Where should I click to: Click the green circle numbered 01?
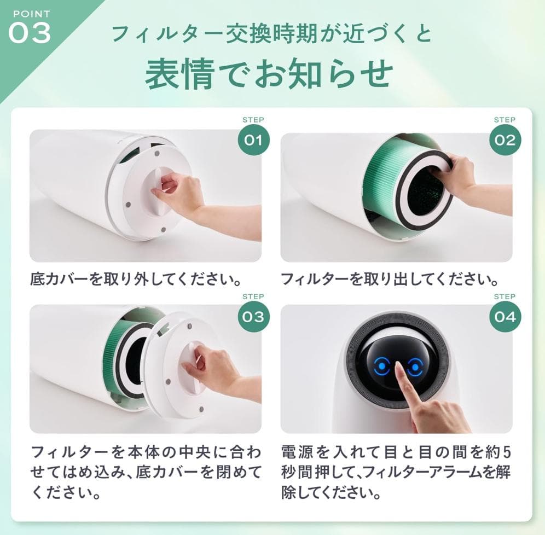point(253,139)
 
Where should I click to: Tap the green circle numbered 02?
point(505,139)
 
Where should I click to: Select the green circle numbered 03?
point(253,317)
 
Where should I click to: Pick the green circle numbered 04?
point(505,317)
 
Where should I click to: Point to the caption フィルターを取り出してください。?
point(390,280)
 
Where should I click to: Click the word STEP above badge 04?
point(505,296)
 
